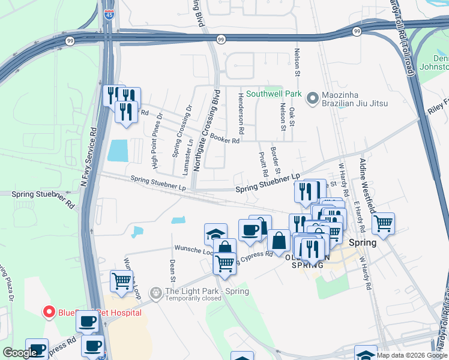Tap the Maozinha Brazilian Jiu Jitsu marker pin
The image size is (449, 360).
(312, 98)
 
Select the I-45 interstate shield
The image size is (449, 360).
(109, 14)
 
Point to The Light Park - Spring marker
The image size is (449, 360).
(156, 292)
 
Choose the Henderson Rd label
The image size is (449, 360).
(241, 114)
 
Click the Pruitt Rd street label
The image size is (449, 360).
(264, 163)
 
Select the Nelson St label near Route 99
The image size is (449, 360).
(297, 62)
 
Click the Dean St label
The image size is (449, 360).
(172, 271)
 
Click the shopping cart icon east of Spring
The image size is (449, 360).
(383, 224)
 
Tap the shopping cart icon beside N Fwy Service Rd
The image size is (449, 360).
(122, 281)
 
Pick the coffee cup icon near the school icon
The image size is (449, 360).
(250, 229)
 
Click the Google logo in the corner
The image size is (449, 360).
(20, 353)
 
